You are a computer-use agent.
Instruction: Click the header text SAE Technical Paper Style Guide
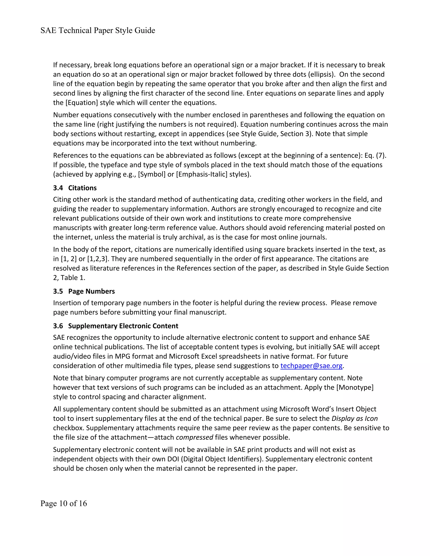click(x=98, y=31)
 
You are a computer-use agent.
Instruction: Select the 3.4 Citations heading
click(x=75, y=188)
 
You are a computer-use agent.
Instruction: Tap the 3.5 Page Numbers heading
click(x=84, y=291)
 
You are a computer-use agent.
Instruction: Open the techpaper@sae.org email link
click(x=311, y=366)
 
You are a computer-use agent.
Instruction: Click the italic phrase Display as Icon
click(x=354, y=419)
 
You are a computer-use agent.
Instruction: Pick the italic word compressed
click(x=194, y=437)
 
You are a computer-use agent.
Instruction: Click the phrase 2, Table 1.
click(x=69, y=278)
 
